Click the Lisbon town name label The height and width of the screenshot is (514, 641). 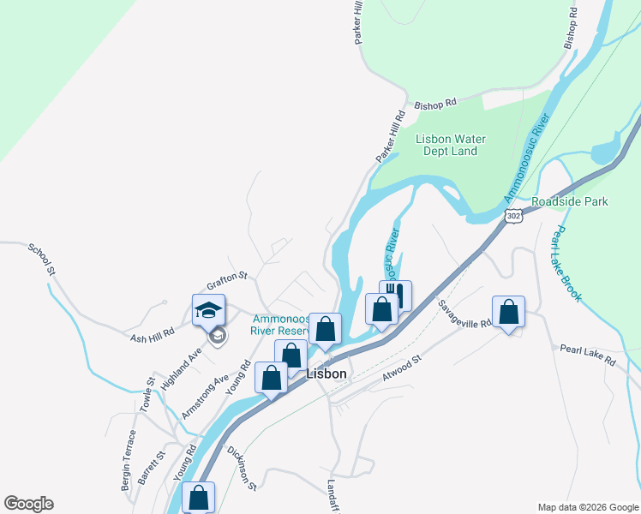326,374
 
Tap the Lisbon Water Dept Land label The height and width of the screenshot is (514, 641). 450,146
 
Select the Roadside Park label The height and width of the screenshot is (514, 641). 569,201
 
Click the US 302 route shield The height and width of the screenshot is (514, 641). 513,217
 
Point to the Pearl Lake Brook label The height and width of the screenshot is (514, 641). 567,264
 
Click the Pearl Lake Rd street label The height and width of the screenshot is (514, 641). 588,355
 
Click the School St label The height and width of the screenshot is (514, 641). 42,260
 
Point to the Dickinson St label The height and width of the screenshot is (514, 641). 243,468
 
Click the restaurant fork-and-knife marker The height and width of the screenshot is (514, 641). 396,295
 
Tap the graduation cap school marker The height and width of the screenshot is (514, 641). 208,310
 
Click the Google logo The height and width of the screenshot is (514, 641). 28,504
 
